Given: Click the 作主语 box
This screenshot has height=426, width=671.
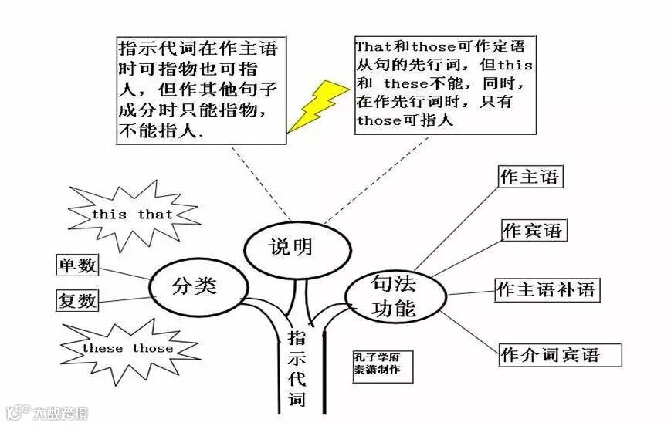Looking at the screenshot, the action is click(x=529, y=177).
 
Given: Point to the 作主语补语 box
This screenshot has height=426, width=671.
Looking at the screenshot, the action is click(x=547, y=290).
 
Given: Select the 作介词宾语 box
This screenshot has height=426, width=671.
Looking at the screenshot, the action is click(x=550, y=355).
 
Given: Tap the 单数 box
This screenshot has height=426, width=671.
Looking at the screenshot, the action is click(x=77, y=265).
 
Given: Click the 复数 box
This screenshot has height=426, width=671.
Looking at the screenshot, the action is click(x=77, y=300).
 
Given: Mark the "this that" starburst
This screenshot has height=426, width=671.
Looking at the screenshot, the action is click(x=132, y=214).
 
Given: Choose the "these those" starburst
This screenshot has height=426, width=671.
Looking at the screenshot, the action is click(x=127, y=348).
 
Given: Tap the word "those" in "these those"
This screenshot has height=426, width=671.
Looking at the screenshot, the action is click(x=151, y=348).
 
